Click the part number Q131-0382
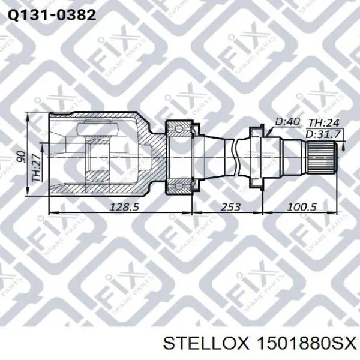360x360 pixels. click(x=52, y=16)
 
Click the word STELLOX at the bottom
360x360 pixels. click(x=206, y=344)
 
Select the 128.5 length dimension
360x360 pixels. click(x=124, y=207)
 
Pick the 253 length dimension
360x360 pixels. click(x=230, y=207)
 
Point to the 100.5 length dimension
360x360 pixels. click(x=302, y=207)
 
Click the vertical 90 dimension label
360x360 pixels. click(x=23, y=157)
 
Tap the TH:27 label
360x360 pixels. click(x=37, y=168)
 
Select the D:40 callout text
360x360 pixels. click(x=287, y=121)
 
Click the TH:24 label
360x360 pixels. click(x=324, y=123)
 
